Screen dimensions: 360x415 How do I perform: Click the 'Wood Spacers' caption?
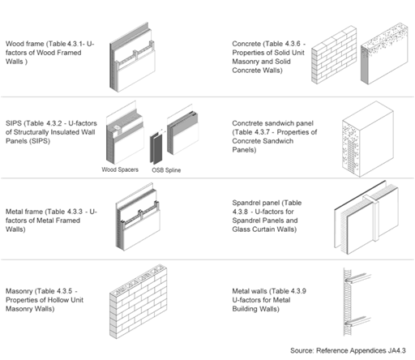click(121, 170)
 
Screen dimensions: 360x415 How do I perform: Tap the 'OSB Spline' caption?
click(165, 170)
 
